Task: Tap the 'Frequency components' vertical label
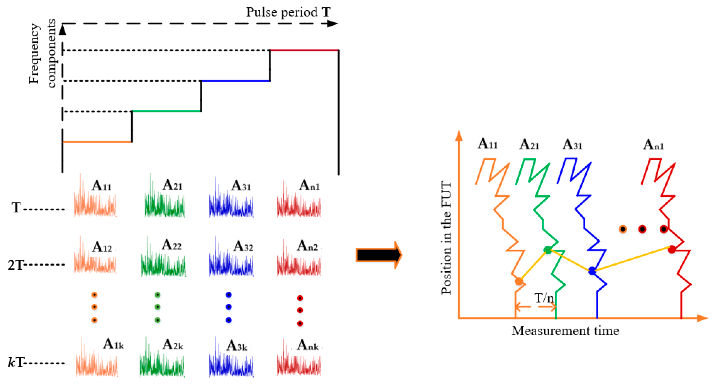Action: tap(42, 53)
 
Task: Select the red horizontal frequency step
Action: tap(304, 50)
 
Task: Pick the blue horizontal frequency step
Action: tap(235, 81)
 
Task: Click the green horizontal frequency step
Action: tap(166, 111)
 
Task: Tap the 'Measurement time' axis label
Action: tap(565, 331)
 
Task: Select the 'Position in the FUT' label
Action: tap(446, 238)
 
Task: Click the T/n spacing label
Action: tap(544, 298)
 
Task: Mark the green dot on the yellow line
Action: tap(548, 250)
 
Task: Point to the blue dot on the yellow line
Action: tap(592, 270)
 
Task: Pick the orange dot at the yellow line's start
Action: tap(519, 281)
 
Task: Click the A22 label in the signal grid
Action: tap(171, 245)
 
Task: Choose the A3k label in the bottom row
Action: tap(237, 346)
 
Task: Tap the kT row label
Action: tap(16, 363)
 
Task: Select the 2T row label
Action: tap(15, 265)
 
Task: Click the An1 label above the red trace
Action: tap(653, 145)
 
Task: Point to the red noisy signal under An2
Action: tap(299, 264)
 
